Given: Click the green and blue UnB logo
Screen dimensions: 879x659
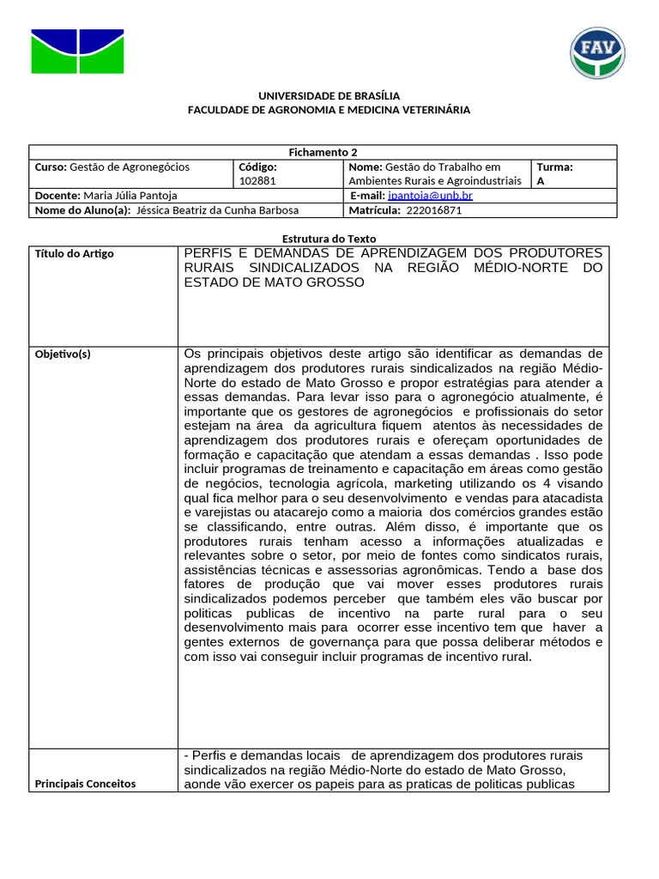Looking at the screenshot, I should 77,52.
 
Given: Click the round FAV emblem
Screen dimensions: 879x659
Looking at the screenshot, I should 597,52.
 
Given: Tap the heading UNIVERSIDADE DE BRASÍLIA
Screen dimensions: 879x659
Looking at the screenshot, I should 329,96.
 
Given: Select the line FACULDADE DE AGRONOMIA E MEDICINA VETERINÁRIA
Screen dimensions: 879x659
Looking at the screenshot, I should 329,110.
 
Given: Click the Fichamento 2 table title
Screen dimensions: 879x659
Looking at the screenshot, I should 323,152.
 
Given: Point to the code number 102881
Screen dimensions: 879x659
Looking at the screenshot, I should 257,181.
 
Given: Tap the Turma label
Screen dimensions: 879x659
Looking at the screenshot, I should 554,167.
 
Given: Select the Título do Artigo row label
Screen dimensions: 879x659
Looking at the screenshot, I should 74,253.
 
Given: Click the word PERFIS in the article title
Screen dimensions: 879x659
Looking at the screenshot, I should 211,252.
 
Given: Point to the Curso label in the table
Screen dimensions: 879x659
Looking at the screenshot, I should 50,167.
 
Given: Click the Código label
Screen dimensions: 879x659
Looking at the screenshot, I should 257,167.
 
